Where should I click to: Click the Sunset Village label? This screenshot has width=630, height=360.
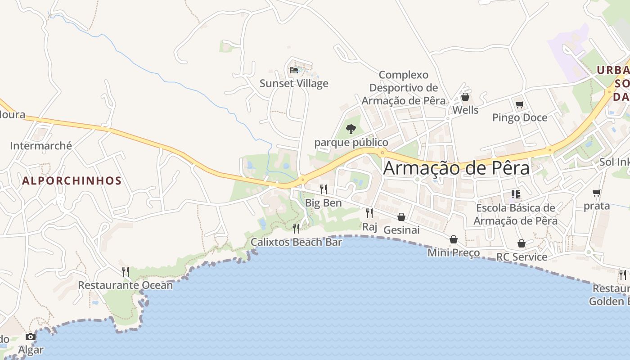click(x=294, y=83)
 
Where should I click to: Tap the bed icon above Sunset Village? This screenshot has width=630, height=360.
click(x=294, y=70)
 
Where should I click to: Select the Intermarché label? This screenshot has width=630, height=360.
click(x=41, y=145)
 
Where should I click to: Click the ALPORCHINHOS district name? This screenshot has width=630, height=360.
click(x=72, y=181)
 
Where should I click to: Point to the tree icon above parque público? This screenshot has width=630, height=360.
click(x=351, y=129)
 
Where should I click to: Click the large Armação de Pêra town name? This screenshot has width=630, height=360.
click(x=456, y=168)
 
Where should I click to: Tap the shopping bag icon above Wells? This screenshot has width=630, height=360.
click(x=465, y=97)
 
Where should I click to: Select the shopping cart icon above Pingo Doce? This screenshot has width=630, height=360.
click(x=519, y=104)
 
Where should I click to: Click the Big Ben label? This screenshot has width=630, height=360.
click(x=324, y=202)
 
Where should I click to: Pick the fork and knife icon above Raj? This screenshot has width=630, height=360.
click(x=369, y=213)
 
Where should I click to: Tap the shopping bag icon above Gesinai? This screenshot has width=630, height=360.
click(x=401, y=217)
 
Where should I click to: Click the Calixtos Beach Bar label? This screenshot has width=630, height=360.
click(x=297, y=242)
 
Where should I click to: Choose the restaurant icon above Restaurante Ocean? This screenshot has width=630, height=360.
click(x=126, y=271)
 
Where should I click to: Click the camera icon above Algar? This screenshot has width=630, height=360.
click(x=31, y=337)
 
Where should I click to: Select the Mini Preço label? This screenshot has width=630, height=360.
click(x=454, y=252)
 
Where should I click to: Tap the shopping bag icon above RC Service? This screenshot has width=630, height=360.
click(x=522, y=243)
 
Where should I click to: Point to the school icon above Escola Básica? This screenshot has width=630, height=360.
click(x=516, y=194)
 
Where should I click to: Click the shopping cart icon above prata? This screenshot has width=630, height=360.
click(x=597, y=193)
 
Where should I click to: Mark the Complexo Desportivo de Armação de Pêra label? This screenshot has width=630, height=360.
click(x=404, y=88)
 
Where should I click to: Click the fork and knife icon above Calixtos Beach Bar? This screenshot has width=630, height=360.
click(x=296, y=228)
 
